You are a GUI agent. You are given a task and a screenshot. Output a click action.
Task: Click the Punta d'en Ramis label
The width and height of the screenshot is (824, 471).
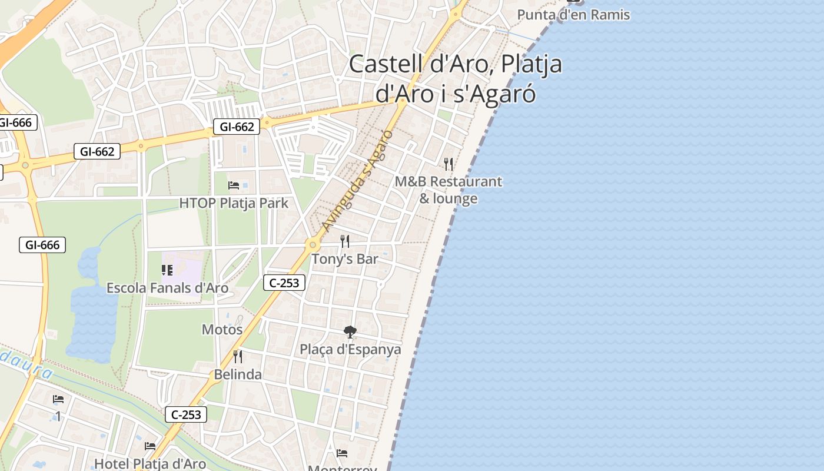(573, 15)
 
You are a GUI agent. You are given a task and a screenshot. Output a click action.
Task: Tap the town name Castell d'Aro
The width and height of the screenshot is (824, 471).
(418, 64)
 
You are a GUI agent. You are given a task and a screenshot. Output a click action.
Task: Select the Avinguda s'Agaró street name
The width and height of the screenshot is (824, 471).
(357, 180)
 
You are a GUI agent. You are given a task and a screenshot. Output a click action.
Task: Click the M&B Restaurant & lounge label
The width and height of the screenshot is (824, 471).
(448, 190)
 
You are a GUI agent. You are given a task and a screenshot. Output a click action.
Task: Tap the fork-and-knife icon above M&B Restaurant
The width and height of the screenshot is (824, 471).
(448, 164)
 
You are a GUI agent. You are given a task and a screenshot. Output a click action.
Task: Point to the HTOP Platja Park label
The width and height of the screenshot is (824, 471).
(234, 203)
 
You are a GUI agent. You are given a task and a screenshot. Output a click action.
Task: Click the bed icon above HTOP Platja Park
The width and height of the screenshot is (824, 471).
(234, 185)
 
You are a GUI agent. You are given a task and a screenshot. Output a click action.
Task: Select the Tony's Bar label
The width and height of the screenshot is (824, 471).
(345, 259)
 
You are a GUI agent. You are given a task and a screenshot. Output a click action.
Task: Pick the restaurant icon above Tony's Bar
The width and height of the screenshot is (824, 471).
(345, 241)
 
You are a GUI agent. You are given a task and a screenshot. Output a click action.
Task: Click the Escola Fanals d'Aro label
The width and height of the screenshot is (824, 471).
(167, 288)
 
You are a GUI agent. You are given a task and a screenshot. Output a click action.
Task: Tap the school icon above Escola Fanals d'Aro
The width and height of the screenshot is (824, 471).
(167, 270)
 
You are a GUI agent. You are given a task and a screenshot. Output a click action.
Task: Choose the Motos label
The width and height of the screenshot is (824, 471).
(222, 329)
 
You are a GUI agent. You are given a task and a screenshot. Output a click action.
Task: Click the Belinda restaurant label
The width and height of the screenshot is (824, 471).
(238, 374)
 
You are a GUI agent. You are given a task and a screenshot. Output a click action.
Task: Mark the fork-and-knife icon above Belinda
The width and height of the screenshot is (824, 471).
(238, 356)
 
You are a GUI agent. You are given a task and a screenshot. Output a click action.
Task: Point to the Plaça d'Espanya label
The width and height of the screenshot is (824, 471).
(350, 349)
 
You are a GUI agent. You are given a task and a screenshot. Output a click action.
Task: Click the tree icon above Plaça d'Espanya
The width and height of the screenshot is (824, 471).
(350, 332)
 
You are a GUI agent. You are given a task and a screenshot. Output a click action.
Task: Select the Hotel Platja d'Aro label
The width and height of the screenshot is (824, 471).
(150, 464)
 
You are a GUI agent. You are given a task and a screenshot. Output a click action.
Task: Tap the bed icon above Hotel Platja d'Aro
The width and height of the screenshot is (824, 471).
(150, 446)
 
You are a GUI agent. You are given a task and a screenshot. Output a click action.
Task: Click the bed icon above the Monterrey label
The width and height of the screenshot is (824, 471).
(342, 453)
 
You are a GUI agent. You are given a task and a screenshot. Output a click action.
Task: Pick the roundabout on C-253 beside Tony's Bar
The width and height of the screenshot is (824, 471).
(313, 244)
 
